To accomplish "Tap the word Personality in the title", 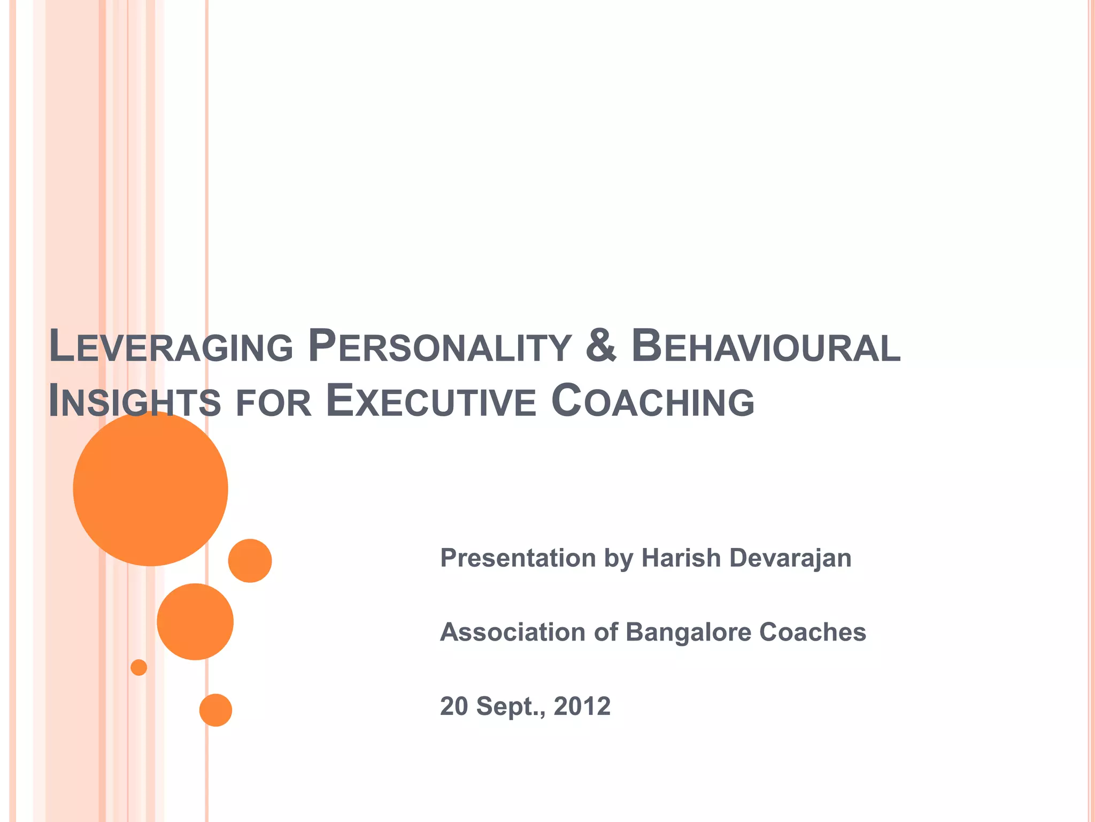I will point(439,347).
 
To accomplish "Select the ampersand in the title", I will point(601,346).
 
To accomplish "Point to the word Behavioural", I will point(766,347).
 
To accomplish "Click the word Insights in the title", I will point(134,401).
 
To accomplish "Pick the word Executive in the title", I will point(431,401).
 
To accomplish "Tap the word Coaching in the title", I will point(652,401).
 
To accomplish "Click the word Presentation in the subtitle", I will point(518,558).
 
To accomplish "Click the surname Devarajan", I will point(790,558).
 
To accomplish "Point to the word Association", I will point(512,632).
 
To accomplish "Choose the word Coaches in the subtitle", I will point(812,632).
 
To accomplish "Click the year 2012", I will point(582,706).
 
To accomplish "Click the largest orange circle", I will point(150,489).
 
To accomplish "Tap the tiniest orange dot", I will point(138,667).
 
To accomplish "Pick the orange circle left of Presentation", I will point(250,560).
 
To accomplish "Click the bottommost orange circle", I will point(215,710).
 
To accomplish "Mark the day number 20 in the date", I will point(453,706).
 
